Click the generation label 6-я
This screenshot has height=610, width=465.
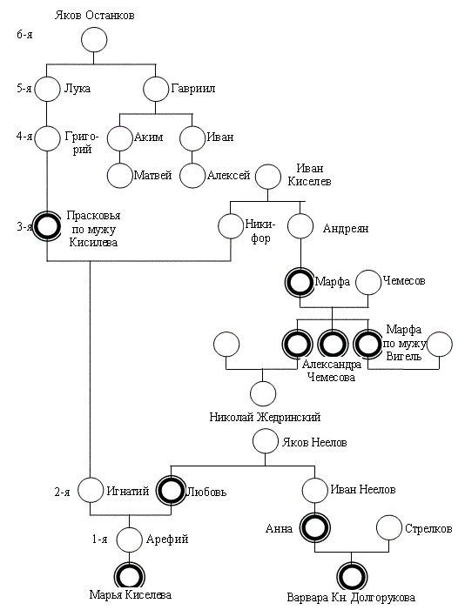click(x=24, y=35)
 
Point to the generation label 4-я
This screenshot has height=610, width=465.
click(x=24, y=137)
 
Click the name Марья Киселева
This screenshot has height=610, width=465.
click(x=130, y=595)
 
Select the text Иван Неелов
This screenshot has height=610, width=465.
click(x=363, y=489)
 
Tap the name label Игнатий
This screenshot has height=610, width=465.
click(x=128, y=491)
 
